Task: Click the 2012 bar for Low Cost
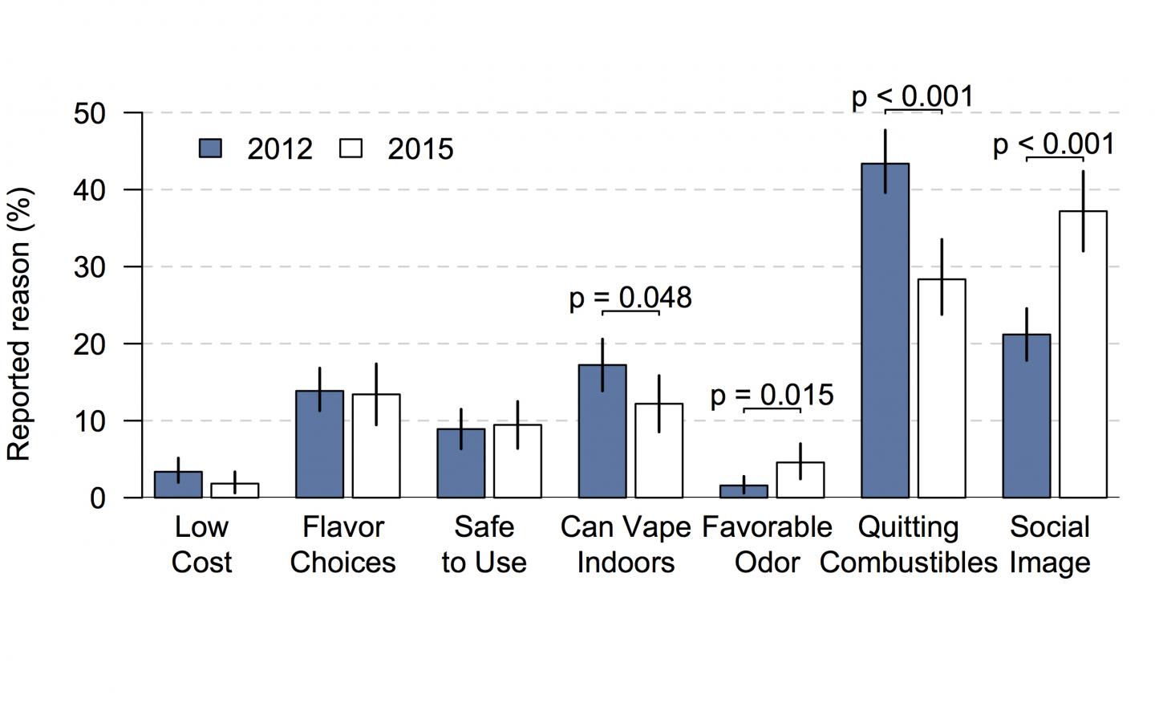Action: click(178, 485)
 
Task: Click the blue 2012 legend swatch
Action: click(210, 148)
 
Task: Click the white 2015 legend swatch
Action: click(351, 148)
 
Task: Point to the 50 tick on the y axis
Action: click(89, 113)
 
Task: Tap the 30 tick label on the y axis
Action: click(89, 267)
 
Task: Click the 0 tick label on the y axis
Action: click(98, 498)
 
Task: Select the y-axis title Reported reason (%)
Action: click(19, 323)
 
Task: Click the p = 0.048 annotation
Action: click(630, 298)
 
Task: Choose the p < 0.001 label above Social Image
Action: click(1053, 144)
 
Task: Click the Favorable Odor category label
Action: click(767, 545)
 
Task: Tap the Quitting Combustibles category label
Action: click(908, 545)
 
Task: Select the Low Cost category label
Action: click(201, 545)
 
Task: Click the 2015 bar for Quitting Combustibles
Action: click(942, 388)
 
